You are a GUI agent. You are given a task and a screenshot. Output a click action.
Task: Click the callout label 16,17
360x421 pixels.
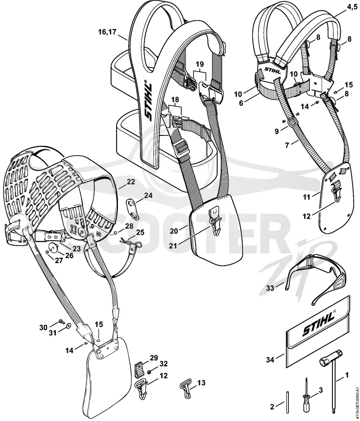(x=107, y=32)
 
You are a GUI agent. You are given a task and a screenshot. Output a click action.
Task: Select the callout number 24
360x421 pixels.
(x=148, y=195)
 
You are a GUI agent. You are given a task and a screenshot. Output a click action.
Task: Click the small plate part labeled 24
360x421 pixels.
(x=132, y=206)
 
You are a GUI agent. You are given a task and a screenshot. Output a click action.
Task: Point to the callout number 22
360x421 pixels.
(x=130, y=182)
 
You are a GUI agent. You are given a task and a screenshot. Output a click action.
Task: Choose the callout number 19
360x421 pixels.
(x=200, y=64)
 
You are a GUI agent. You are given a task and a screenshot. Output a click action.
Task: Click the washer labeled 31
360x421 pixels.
(x=68, y=326)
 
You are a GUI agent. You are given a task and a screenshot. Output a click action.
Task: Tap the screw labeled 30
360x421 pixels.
(x=61, y=321)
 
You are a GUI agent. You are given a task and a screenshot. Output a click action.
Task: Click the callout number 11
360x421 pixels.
(x=306, y=197)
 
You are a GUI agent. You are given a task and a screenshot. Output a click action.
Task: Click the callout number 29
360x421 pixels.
(x=154, y=358)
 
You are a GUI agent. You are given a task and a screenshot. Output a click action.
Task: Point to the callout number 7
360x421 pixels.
(x=287, y=145)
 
